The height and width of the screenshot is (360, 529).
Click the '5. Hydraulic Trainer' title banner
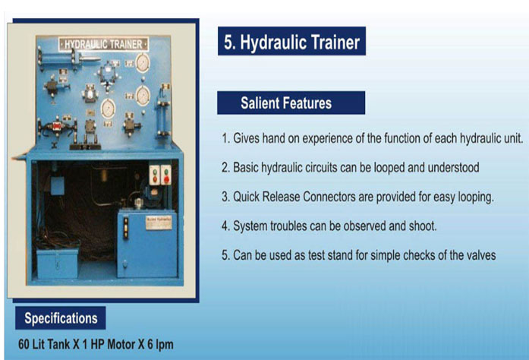point(291,41)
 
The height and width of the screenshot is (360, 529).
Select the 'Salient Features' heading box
point(291,103)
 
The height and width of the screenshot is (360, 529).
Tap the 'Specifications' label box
point(61,317)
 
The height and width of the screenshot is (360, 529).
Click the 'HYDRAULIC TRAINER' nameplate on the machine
point(103,44)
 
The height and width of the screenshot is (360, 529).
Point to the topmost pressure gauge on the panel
point(143,63)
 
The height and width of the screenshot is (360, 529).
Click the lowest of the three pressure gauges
point(109,109)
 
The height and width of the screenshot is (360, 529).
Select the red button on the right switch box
point(166,179)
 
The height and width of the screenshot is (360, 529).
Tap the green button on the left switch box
point(155,172)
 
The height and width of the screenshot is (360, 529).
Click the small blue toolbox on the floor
point(57,264)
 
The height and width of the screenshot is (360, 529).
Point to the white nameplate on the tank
point(159,223)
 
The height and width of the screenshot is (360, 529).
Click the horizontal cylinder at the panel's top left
point(69,58)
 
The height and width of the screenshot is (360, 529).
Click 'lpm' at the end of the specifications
point(165,345)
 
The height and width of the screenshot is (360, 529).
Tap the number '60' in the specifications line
point(24,345)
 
